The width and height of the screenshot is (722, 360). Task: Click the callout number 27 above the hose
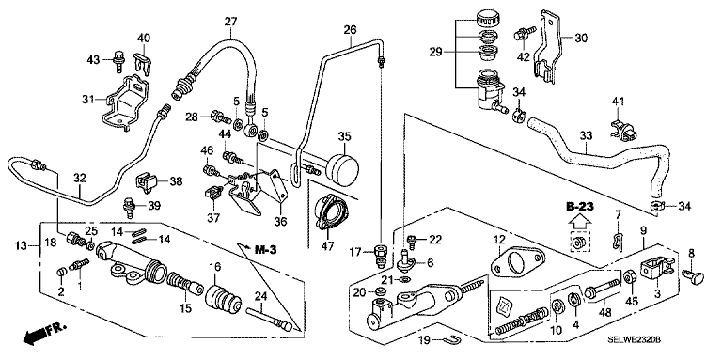230,22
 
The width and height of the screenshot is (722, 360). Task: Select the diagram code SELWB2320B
634,340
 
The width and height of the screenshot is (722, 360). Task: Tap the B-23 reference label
580,207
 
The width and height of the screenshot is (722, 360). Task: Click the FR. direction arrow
44,334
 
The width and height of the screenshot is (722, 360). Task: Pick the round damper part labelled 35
344,168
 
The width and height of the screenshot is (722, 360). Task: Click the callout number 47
327,246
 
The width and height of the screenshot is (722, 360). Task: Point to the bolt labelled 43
118,63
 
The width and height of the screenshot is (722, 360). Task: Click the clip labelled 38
147,182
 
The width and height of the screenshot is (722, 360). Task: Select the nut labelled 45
630,277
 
